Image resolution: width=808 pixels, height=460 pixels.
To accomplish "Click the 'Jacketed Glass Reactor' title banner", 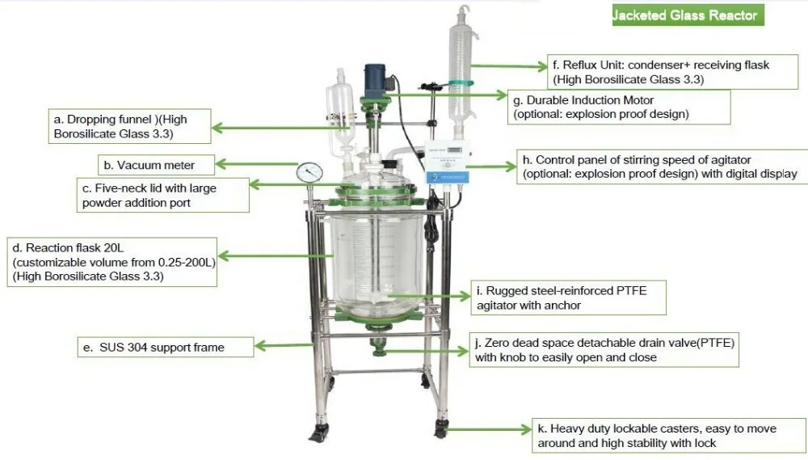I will (x=686, y=15).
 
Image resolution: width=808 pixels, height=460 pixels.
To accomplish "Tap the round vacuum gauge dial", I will (x=308, y=172).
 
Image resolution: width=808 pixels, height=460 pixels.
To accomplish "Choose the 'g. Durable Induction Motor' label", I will (x=619, y=107).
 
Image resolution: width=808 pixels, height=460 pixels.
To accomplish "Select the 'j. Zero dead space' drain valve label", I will (x=602, y=350).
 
